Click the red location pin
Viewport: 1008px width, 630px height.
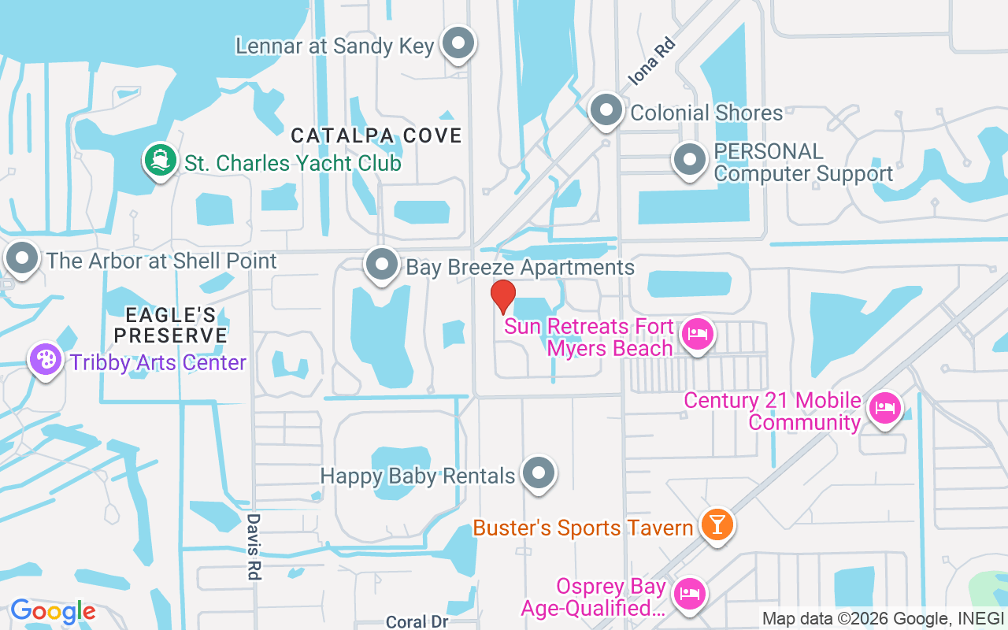click(502, 296)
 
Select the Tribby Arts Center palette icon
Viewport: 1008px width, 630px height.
click(46, 360)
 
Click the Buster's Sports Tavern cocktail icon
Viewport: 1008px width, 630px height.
click(717, 524)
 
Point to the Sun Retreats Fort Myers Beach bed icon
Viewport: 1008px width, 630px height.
click(697, 335)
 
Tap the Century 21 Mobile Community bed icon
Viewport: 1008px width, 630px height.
click(885, 409)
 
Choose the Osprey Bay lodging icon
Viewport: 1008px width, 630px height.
click(691, 593)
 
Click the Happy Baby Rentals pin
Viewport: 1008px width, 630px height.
click(539, 473)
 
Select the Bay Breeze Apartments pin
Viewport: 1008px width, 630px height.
click(383, 265)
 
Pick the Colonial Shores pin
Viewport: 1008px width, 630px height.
click(606, 111)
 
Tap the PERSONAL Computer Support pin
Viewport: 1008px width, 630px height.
click(690, 160)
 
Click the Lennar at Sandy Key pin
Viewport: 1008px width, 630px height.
click(458, 43)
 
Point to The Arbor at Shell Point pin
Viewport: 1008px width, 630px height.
click(22, 258)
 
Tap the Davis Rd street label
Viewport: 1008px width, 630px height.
click(253, 547)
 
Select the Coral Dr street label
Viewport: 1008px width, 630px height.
click(417, 621)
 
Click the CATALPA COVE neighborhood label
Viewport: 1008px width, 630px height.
click(376, 135)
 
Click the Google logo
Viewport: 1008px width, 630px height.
click(53, 611)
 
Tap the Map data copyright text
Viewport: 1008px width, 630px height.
click(884, 619)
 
